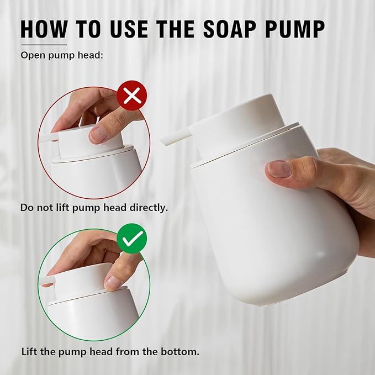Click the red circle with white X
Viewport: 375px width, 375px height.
132,97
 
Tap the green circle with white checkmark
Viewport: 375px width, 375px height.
132,239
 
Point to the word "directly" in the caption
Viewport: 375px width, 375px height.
149,208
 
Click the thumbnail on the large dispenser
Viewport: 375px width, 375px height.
279,168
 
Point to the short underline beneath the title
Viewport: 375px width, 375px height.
44,45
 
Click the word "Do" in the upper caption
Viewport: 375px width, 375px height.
26,208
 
